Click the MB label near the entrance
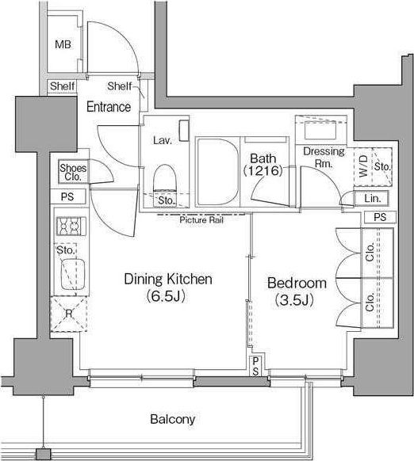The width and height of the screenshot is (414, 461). click(x=63, y=44)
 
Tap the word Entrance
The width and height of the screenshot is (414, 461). click(x=109, y=107)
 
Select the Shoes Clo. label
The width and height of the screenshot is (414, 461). click(x=73, y=173)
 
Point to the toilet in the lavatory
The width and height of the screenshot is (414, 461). click(x=165, y=179)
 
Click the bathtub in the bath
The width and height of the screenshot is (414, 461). click(x=218, y=173)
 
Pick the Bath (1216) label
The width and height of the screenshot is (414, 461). click(x=263, y=165)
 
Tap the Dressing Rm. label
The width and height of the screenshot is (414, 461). click(x=324, y=157)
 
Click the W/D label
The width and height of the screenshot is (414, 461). click(x=364, y=166)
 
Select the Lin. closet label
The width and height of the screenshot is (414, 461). click(x=373, y=199)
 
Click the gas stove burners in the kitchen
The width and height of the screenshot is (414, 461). click(x=71, y=226)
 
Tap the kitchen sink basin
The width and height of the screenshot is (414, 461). click(x=72, y=274)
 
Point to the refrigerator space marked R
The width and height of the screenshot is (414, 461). click(x=69, y=314)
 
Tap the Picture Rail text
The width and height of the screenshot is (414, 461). click(x=201, y=219)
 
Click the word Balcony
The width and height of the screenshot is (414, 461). click(x=173, y=419)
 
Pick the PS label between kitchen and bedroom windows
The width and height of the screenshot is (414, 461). click(x=255, y=366)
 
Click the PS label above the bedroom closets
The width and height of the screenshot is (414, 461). click(x=380, y=217)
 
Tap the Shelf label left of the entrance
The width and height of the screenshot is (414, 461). click(x=62, y=86)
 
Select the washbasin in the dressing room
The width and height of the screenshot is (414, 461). click(x=320, y=130)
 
